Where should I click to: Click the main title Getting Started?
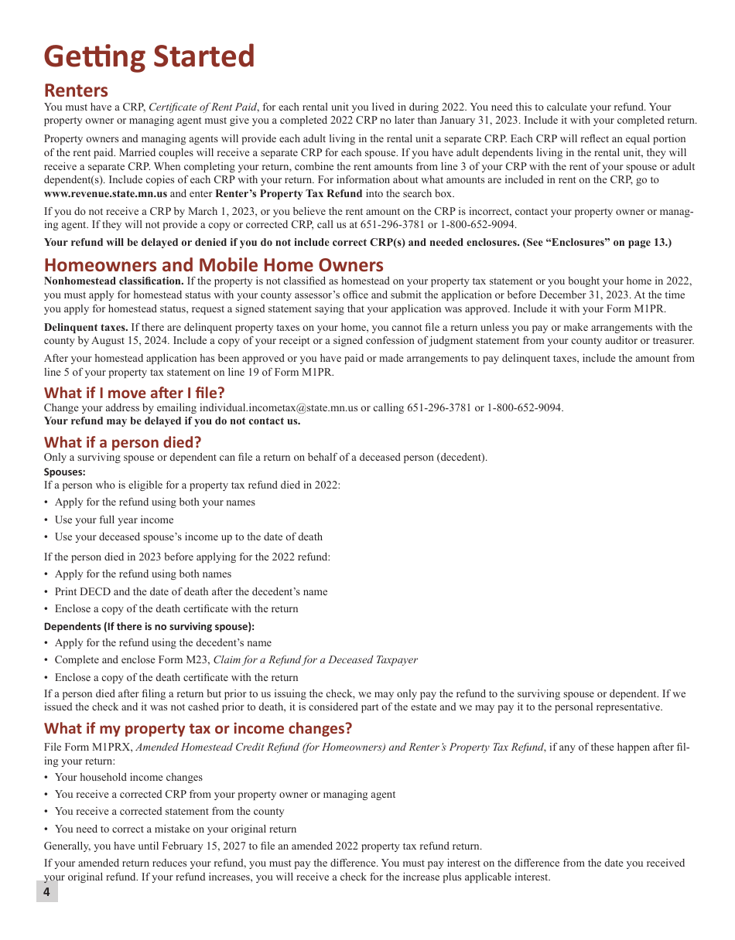[x=149, y=57]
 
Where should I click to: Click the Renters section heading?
[x=76, y=90]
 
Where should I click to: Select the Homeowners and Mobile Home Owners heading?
[x=214, y=265]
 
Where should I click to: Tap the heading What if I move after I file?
[x=134, y=392]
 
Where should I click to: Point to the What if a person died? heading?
[x=122, y=442]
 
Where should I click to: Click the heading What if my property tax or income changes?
[x=197, y=728]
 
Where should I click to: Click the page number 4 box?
[x=46, y=892]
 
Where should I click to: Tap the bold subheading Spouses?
[x=64, y=472]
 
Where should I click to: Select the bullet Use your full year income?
[x=114, y=519]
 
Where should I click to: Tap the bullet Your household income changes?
[x=128, y=777]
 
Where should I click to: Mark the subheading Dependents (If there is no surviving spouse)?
[x=149, y=626]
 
